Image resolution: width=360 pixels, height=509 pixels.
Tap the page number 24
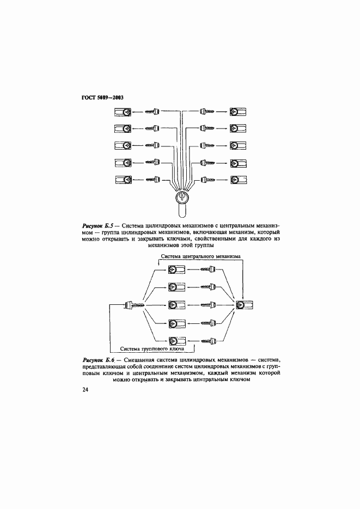85,390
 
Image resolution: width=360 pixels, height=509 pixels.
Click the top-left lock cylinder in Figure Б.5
123,112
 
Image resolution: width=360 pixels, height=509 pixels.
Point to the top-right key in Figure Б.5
207,112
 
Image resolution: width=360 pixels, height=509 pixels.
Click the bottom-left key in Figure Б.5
153,179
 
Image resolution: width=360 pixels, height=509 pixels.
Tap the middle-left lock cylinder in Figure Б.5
123,145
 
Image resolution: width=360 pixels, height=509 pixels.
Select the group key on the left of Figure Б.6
134,305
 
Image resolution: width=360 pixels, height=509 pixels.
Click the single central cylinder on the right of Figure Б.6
245,305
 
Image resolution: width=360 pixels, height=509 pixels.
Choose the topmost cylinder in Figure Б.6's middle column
176,269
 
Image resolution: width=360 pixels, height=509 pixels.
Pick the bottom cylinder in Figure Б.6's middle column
176,341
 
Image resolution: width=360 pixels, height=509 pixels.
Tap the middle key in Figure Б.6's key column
208,305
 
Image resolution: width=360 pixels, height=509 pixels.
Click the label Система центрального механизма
201,256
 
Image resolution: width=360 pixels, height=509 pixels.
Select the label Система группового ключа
152,348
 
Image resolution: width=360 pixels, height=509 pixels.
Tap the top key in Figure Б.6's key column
208,269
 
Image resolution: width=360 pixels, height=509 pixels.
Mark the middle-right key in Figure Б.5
207,145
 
